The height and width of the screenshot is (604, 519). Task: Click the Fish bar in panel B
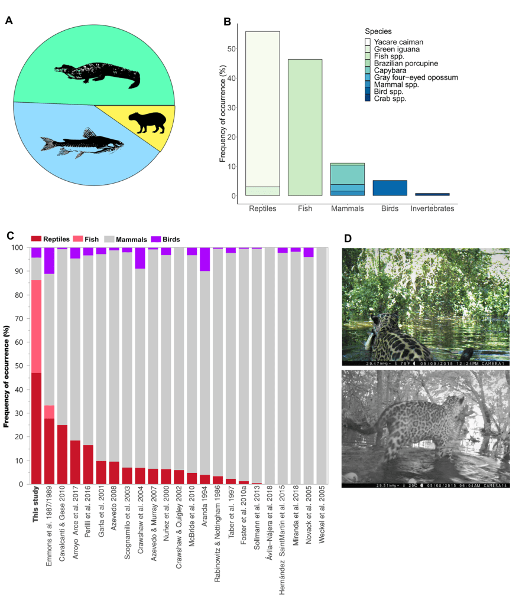pos(305,127)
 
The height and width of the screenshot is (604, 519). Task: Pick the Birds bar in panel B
pos(390,188)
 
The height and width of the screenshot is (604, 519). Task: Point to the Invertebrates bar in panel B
pos(432,194)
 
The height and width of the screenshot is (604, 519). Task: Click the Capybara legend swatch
pos(368,70)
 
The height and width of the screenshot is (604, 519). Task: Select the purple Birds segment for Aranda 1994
pos(205,259)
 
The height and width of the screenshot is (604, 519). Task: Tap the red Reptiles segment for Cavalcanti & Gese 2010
pos(62,454)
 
